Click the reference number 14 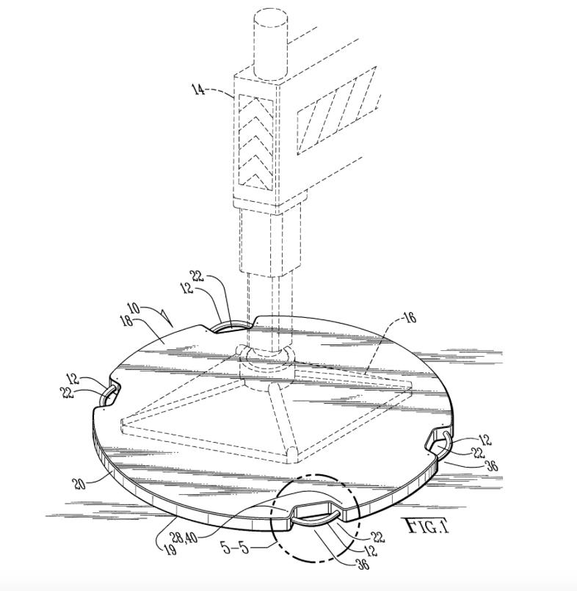pyautogui.click(x=198, y=90)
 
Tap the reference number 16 pyautogui.click(x=410, y=317)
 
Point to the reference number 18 pyautogui.click(x=126, y=322)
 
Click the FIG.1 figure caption pyautogui.click(x=427, y=526)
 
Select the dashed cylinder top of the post pyautogui.click(x=270, y=47)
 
